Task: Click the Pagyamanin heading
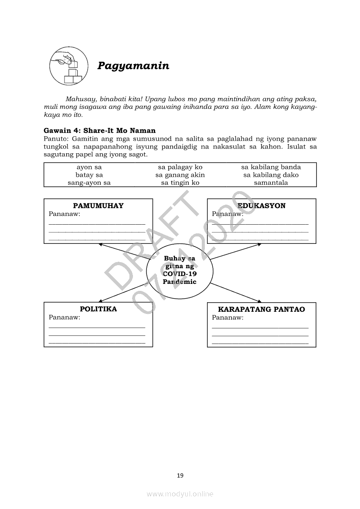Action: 133,66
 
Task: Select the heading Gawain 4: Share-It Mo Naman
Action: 99,131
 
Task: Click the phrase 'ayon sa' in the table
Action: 89,167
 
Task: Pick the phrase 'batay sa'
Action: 89,175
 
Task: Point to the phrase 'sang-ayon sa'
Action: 89,183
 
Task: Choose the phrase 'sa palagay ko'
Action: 180,167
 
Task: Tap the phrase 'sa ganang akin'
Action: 180,175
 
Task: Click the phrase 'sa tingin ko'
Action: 180,183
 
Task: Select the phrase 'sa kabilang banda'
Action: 271,167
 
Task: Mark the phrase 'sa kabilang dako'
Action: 271,175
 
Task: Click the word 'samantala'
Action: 271,183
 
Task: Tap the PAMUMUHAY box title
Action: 98,206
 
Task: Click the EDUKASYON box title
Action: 262,206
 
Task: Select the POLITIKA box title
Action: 98,309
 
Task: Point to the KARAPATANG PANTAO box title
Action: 262,310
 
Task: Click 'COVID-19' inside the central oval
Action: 180,274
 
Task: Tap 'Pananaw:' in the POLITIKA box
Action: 65,317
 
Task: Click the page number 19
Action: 180,475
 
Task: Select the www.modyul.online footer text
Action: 180,494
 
